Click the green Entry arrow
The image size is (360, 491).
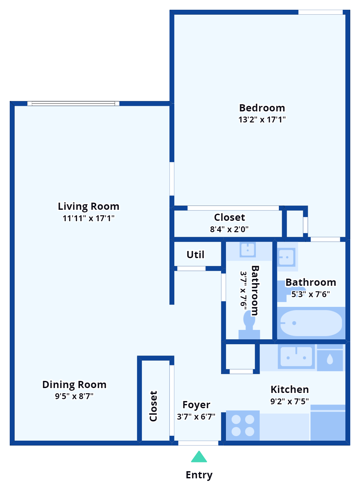[199, 457]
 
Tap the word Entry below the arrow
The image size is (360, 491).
[199, 475]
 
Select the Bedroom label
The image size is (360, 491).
[262, 108]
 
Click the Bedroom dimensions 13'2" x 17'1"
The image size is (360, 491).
[262, 120]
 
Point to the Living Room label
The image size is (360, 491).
[89, 206]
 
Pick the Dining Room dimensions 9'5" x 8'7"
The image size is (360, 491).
[74, 396]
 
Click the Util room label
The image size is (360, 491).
[195, 255]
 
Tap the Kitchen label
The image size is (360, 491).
[290, 389]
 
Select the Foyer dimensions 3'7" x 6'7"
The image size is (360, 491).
[196, 417]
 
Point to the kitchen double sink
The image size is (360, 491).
[296, 357]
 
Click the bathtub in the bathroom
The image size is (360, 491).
[311, 323]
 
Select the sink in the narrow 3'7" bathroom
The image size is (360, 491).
[248, 250]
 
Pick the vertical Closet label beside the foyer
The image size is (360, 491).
[153, 406]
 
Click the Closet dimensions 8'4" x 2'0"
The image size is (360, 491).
[229, 229]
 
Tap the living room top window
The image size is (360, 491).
[73, 104]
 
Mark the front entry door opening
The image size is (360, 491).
[198, 443]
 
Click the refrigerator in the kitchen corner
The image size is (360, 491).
[328, 423]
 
